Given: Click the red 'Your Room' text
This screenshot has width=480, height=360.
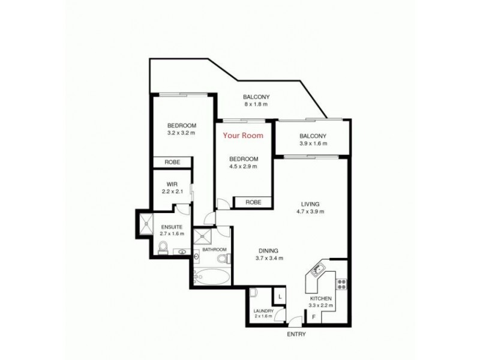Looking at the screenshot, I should point(243,136).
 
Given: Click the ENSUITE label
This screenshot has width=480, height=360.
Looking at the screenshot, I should point(172,226).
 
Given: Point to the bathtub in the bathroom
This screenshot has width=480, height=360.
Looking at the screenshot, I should point(211,278).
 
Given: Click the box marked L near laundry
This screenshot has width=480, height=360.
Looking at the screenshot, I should point(280,296).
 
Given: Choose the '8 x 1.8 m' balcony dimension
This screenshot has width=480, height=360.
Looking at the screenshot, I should point(256,104).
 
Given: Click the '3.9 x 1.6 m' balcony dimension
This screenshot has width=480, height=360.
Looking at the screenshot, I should point(312,143).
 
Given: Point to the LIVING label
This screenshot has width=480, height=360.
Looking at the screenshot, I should point(311,204).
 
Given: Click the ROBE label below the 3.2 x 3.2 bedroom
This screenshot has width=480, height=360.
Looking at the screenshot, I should point(172,162).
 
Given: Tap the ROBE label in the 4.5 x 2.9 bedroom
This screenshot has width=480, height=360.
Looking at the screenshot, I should point(253,202).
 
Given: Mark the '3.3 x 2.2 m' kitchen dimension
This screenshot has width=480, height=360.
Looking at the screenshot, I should point(320,305).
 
